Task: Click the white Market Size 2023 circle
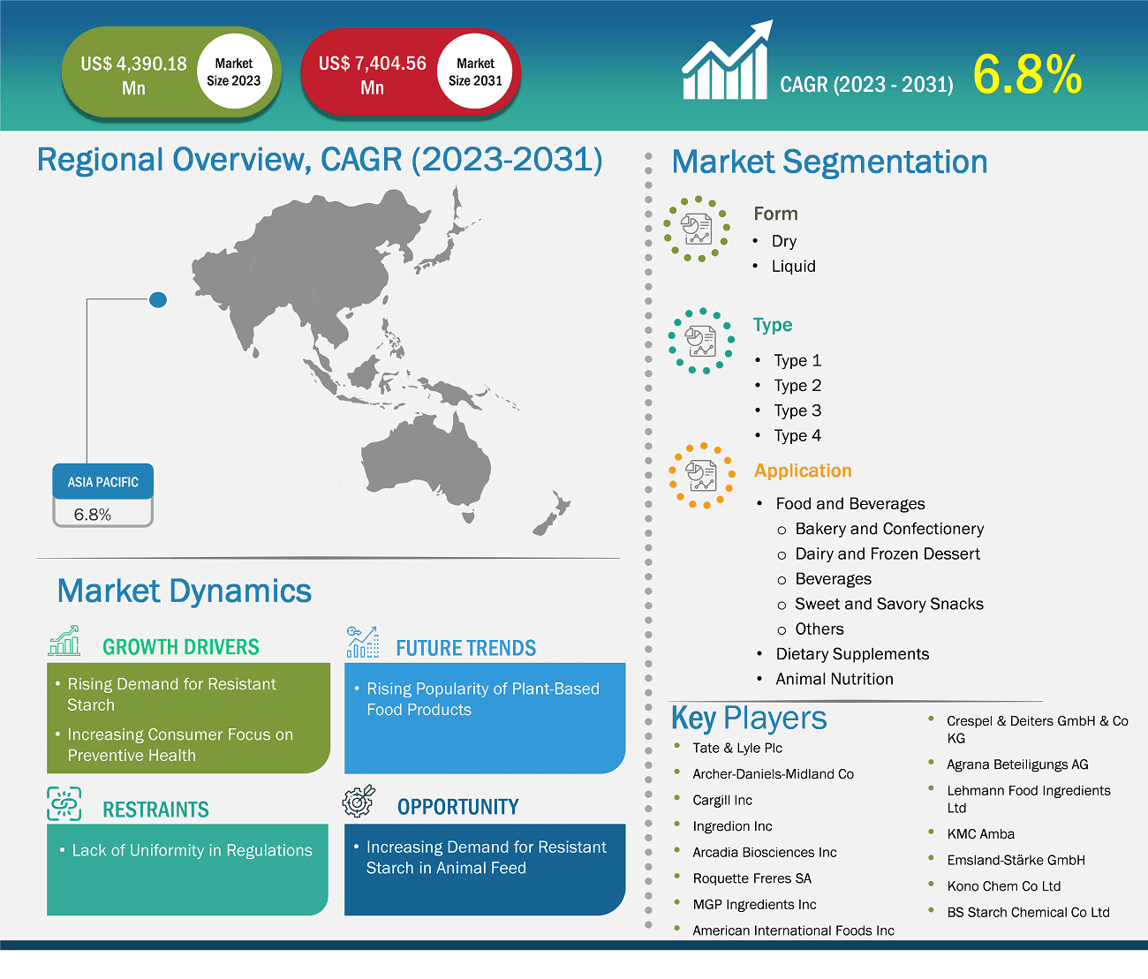click(233, 72)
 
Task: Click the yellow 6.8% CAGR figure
click(1027, 75)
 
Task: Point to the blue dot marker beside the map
click(158, 300)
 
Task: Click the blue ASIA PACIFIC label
click(103, 482)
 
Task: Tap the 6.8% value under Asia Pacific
click(93, 515)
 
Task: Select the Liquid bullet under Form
click(793, 267)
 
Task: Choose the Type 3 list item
click(797, 410)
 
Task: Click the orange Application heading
click(803, 471)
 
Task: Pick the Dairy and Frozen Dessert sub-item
click(887, 554)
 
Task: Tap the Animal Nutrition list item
click(834, 679)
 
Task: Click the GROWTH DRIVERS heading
click(180, 647)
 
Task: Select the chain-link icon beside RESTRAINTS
click(64, 804)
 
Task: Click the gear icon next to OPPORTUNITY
click(359, 801)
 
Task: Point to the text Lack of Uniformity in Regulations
click(192, 850)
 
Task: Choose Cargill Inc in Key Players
click(722, 800)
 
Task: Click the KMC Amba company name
click(980, 834)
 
